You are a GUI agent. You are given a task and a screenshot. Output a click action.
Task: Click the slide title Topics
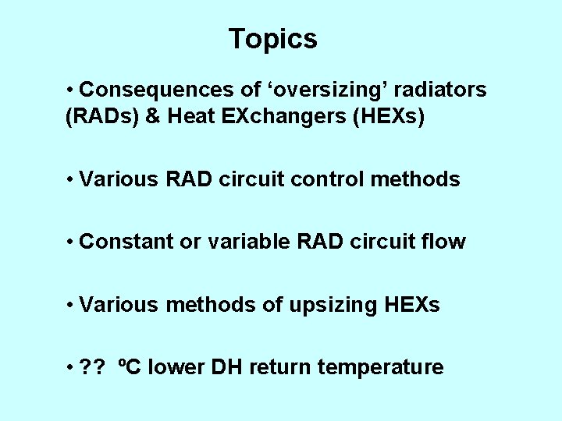pyautogui.click(x=272, y=38)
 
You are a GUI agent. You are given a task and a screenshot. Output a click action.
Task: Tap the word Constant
pyautogui.click(x=127, y=242)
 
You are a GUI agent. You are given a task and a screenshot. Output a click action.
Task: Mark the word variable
pyautogui.click(x=244, y=242)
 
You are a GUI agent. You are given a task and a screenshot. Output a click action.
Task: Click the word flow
pyautogui.click(x=445, y=242)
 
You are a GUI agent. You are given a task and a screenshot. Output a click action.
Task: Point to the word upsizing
pyautogui.click(x=332, y=305)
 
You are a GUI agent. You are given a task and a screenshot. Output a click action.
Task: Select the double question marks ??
pyautogui.click(x=95, y=367)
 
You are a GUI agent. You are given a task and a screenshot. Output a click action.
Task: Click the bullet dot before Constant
pyautogui.click(x=71, y=242)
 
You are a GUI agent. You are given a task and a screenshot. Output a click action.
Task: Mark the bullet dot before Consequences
pyautogui.click(x=71, y=90)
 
